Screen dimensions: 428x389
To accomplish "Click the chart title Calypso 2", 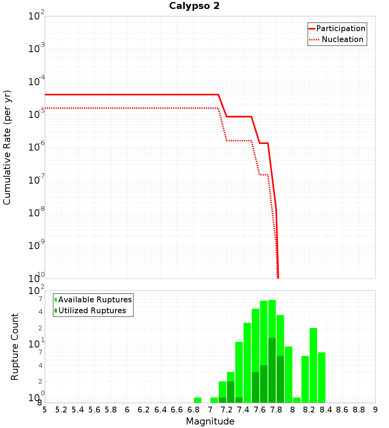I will pyautogui.click(x=194, y=6).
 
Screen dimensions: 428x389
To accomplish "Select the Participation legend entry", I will pyautogui.click(x=340, y=28).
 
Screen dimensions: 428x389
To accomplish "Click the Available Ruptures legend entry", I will pyautogui.click(x=95, y=300).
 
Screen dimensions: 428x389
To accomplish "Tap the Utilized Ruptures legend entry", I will pyautogui.click(x=92, y=310).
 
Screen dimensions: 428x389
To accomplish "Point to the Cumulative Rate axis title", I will pyautogui.click(x=7, y=147).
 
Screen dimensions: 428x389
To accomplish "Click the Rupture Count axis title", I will pyautogui.click(x=15, y=346).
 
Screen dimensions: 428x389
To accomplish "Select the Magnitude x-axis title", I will pyautogui.click(x=210, y=421).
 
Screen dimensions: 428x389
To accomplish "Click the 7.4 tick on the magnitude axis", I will pyautogui.click(x=243, y=410).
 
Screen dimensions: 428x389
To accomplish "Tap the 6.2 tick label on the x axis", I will pyautogui.click(x=144, y=410).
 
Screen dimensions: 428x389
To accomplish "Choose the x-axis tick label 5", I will pyautogui.click(x=45, y=410).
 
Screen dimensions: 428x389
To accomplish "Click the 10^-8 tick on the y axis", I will pyautogui.click(x=36, y=212).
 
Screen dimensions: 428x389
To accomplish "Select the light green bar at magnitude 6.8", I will pyautogui.click(x=198, y=400).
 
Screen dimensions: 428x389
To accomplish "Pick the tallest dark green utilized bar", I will pyautogui.click(x=272, y=370).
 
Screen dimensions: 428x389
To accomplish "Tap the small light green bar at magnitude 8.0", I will pyautogui.click(x=297, y=400).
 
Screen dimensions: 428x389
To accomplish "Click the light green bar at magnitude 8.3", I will pyautogui.click(x=321, y=377).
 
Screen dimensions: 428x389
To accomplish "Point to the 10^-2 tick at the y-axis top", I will pyautogui.click(x=36, y=16).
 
